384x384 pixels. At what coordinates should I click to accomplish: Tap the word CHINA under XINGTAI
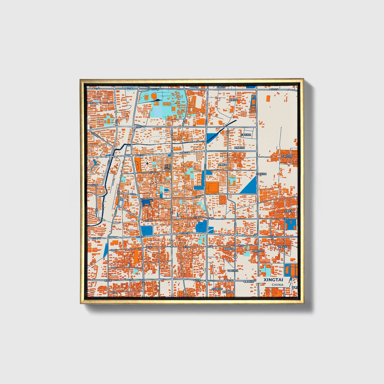point(277,285)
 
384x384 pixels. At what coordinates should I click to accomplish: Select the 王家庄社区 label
point(246,135)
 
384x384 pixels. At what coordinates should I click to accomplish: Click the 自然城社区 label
point(239,147)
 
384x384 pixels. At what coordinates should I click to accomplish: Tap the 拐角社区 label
point(223,165)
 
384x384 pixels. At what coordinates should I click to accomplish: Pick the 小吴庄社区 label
point(261,174)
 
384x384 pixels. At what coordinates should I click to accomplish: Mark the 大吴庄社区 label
point(287,156)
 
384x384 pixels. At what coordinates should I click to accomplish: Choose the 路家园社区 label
point(229,249)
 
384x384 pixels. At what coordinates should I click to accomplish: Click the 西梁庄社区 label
point(258,251)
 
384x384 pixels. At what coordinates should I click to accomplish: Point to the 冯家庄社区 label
point(233,271)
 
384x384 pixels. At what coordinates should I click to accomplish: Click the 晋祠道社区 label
point(228,292)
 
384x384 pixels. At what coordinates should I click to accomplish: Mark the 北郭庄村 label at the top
point(221,87)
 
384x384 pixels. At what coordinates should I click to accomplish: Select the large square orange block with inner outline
point(212,188)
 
